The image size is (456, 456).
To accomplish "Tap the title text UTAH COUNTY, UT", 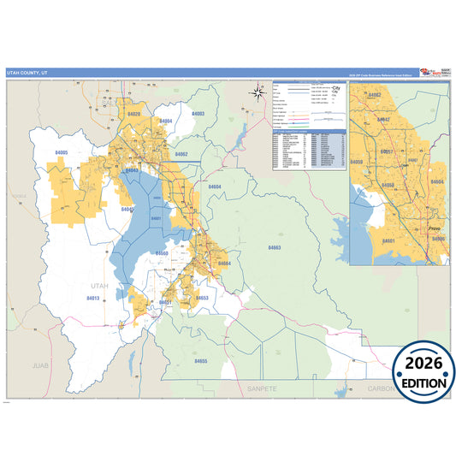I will (x=29, y=74).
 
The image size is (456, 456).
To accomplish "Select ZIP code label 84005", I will (x=62, y=151).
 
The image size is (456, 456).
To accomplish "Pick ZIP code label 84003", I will (x=198, y=114).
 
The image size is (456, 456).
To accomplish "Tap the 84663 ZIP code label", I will (x=274, y=247).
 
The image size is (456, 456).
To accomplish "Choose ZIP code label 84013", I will (x=92, y=298).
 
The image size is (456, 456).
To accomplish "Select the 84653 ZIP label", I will (x=202, y=298).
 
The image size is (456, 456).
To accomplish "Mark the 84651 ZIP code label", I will (x=165, y=302).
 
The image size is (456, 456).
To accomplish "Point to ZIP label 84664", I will (x=225, y=264).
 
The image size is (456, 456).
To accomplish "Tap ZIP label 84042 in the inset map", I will (x=384, y=119).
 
